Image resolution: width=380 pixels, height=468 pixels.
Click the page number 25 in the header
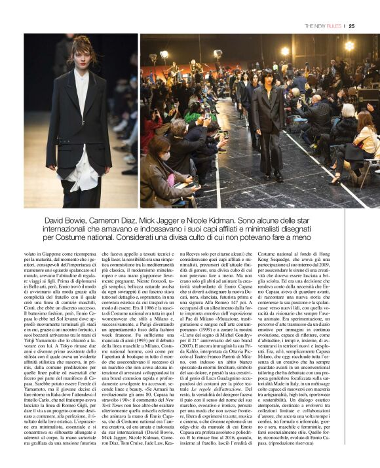(351, 26)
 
